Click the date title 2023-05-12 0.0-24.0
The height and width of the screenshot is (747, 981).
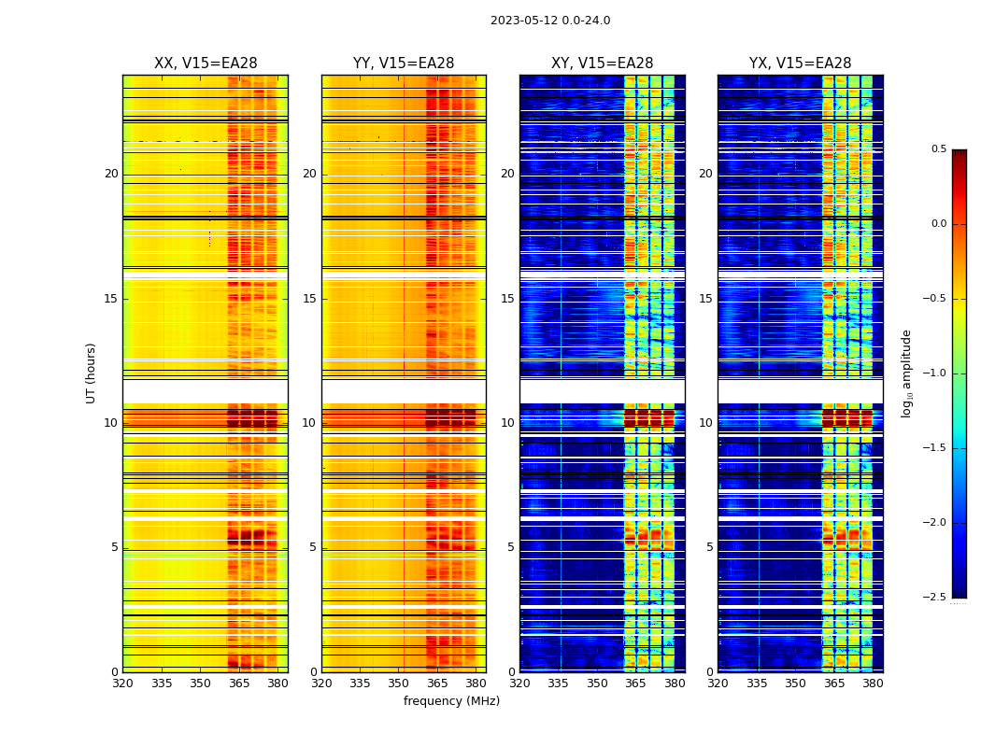[x=549, y=21]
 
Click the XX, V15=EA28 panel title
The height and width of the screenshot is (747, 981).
[x=206, y=63]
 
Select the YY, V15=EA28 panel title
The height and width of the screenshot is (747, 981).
[x=404, y=63]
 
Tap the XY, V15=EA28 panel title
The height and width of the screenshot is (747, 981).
[x=602, y=63]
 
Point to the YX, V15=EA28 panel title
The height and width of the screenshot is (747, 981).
[x=800, y=63]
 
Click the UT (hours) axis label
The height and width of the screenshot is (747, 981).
[x=92, y=373]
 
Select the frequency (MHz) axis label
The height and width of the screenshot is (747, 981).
[x=451, y=701]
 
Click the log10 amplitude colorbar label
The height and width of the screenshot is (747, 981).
[x=906, y=373]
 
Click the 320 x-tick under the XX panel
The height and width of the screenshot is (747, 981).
[x=122, y=684]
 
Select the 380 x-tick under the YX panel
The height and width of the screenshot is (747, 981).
[x=873, y=684]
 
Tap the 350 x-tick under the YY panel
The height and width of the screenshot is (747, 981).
[x=399, y=684]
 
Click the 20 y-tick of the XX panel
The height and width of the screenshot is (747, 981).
[x=111, y=174]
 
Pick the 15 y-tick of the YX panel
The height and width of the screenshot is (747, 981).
[x=706, y=299]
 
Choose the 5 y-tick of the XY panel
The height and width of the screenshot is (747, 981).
[x=511, y=547]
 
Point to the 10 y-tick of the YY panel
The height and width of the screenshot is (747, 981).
[x=309, y=423]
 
